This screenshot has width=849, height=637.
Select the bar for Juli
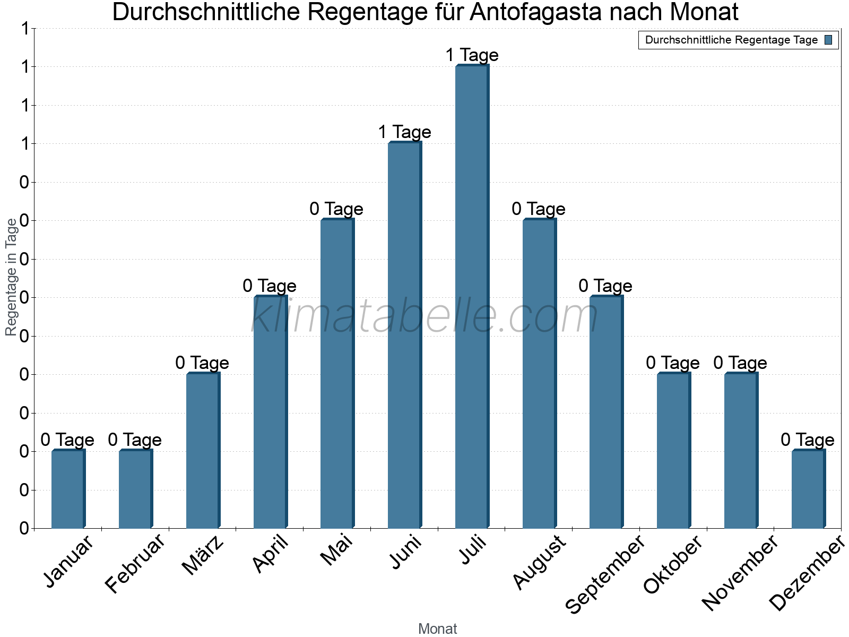[472, 297]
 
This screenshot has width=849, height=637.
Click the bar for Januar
[68, 489]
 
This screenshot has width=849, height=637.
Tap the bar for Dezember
[808, 489]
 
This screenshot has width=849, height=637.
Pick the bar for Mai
[337, 374]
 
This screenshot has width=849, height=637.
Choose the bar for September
[606, 412]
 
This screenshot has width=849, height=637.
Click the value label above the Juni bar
[404, 132]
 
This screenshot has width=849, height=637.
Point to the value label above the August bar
[539, 209]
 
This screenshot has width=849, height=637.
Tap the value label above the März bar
[202, 363]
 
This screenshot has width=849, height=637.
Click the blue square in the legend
[828, 40]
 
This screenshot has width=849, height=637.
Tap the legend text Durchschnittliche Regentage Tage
[731, 40]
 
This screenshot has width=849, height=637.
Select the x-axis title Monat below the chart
[437, 629]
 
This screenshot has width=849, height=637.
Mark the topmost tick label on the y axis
[24, 29]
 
